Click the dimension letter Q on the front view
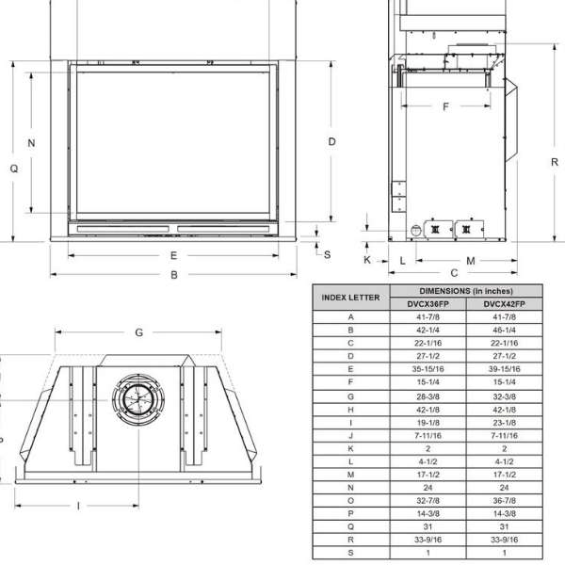coord(14,169)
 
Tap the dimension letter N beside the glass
coord(31,143)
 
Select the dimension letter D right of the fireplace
coord(331,141)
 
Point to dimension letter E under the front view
coord(173,255)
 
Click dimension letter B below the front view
coord(174,275)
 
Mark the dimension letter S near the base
coord(327,255)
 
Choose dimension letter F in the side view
coord(445,106)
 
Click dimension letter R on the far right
coord(555,162)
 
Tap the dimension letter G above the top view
coord(139,332)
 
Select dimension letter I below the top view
coord(78,507)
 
